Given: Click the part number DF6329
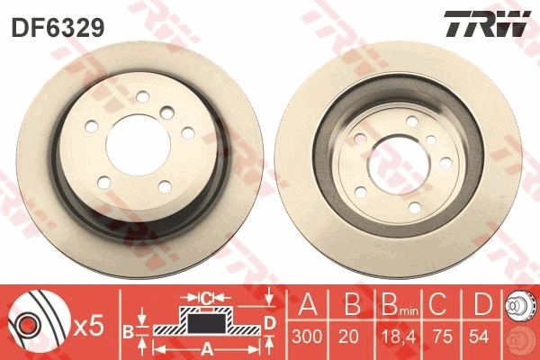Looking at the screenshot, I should [x=57, y=26].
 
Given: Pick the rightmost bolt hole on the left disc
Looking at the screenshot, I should [x=188, y=132].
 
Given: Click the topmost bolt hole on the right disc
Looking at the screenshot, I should [x=411, y=121].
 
